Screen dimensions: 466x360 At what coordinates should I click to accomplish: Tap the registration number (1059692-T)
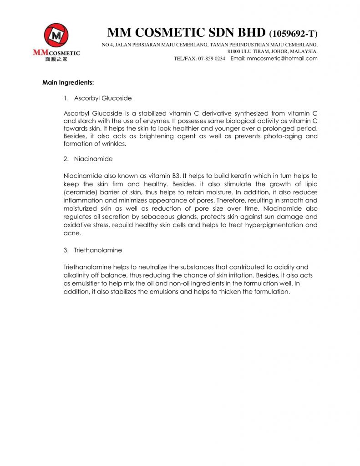click(x=293, y=34)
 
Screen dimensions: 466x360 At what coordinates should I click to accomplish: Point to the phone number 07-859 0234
click(x=212, y=59)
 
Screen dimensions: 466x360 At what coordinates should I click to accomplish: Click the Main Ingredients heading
click(x=68, y=83)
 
